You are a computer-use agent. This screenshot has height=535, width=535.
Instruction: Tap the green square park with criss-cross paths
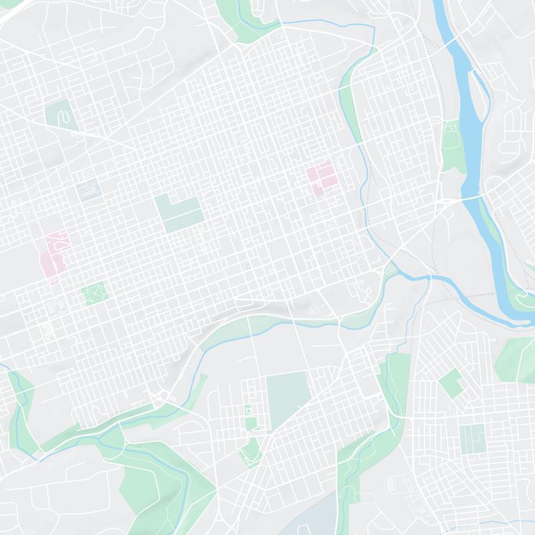[94, 292]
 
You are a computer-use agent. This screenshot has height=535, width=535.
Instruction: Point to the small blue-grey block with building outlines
[88, 191]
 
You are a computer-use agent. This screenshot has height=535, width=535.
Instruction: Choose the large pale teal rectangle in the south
[286, 399]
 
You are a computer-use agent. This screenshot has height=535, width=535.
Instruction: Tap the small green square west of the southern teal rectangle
[251, 422]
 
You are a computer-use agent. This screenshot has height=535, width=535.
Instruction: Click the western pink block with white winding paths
[53, 254]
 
